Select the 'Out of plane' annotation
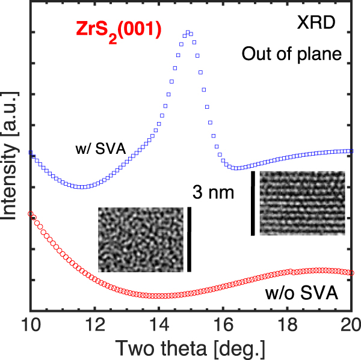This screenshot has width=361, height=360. [291, 54]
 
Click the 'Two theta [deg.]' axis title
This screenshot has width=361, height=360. [191, 347]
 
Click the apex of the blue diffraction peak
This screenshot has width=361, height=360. [188, 32]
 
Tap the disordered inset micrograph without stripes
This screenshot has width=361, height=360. [140, 239]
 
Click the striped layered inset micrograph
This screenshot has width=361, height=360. [301, 203]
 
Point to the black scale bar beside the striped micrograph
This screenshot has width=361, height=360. [253, 203]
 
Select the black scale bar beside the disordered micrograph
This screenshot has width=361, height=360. [190, 239]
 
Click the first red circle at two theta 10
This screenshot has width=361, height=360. [30, 213]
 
